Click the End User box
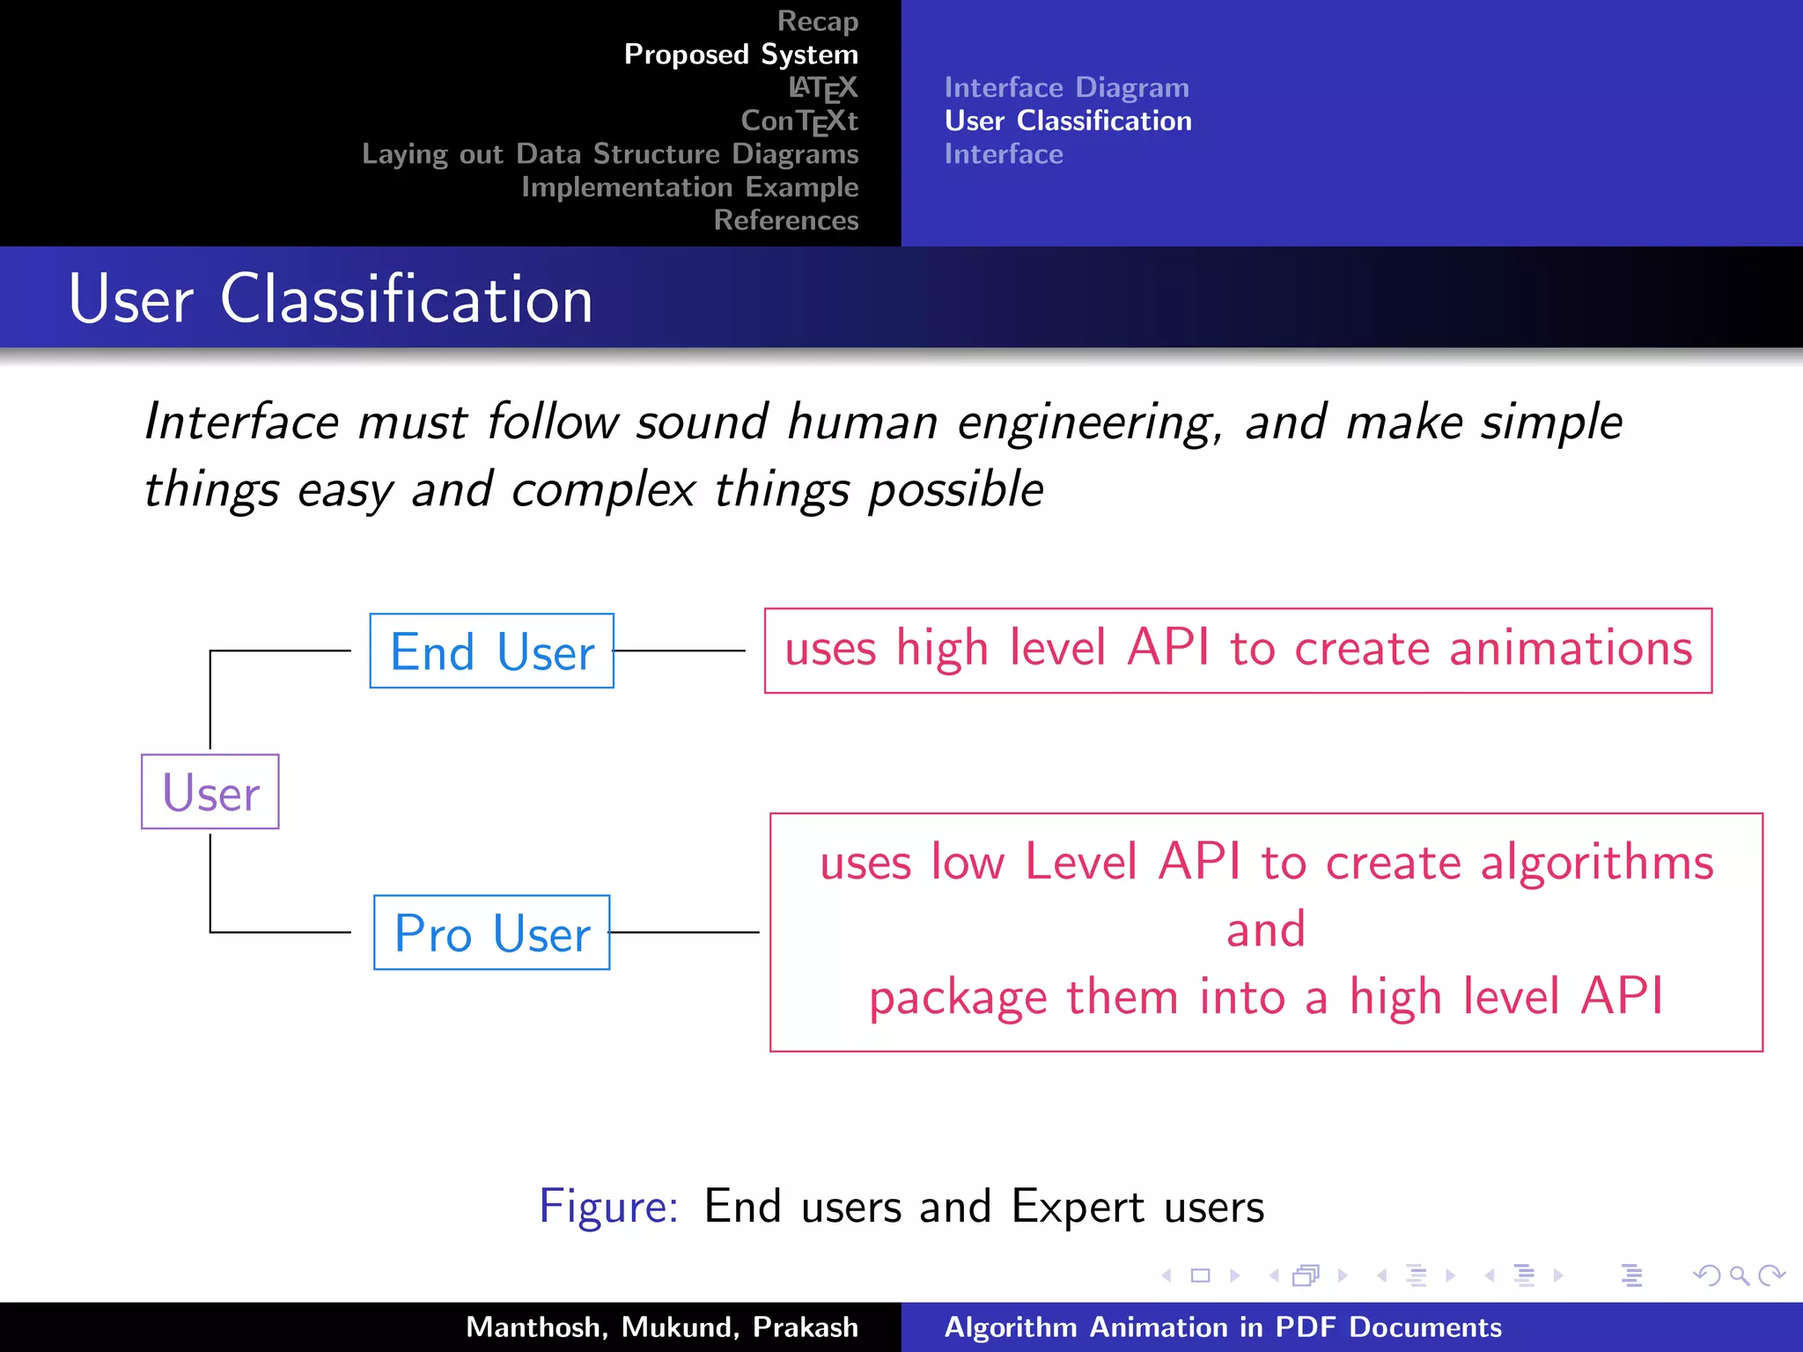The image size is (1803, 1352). point(491,651)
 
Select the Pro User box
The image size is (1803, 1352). point(491,933)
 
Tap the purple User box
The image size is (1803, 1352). point(210,792)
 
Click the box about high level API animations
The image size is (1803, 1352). point(1238,650)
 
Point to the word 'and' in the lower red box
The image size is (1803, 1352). point(1265,929)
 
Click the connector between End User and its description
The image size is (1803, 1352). point(680,650)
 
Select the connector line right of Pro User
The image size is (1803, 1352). point(684,932)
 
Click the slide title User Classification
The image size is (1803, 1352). point(330,299)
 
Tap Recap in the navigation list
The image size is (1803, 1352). point(817,20)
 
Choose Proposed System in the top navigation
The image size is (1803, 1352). point(740,54)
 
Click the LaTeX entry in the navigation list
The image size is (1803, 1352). point(822,87)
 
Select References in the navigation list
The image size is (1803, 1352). point(785,220)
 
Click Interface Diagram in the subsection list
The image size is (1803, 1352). point(1066,87)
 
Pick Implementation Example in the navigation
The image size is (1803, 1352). point(689,187)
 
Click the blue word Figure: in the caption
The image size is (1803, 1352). point(608,1206)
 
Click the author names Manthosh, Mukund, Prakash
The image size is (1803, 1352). point(661,1326)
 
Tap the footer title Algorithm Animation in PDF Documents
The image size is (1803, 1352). point(1223,1326)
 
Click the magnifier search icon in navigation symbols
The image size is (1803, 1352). point(1739,1275)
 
